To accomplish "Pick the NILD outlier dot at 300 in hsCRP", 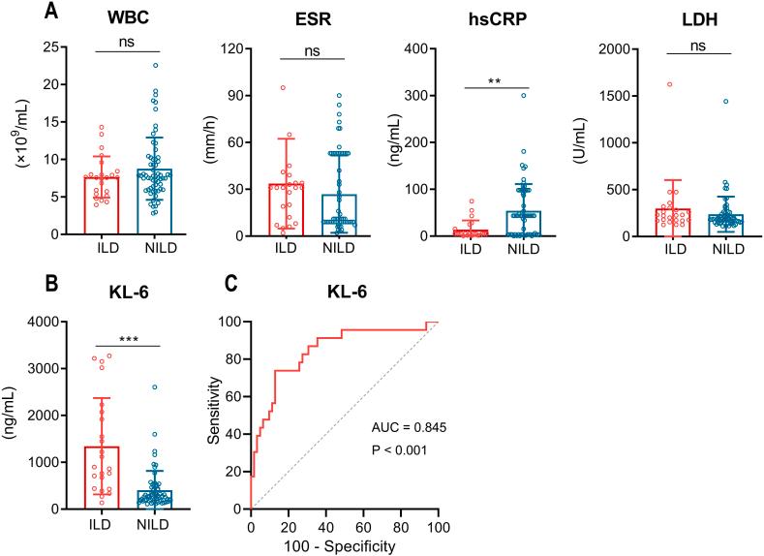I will pos(524,95).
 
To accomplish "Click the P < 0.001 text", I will pos(404,450).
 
